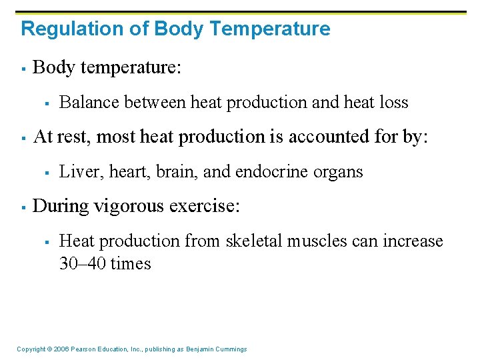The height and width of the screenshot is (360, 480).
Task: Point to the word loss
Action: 393,103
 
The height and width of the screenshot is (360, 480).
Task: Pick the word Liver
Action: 75,172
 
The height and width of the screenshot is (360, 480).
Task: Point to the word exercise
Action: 203,206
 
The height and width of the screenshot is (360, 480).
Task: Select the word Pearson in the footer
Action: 83,349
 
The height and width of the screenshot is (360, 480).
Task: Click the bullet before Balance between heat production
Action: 48,103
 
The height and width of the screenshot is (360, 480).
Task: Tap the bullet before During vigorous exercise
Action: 23,207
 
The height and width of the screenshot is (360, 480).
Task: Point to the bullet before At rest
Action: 23,137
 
